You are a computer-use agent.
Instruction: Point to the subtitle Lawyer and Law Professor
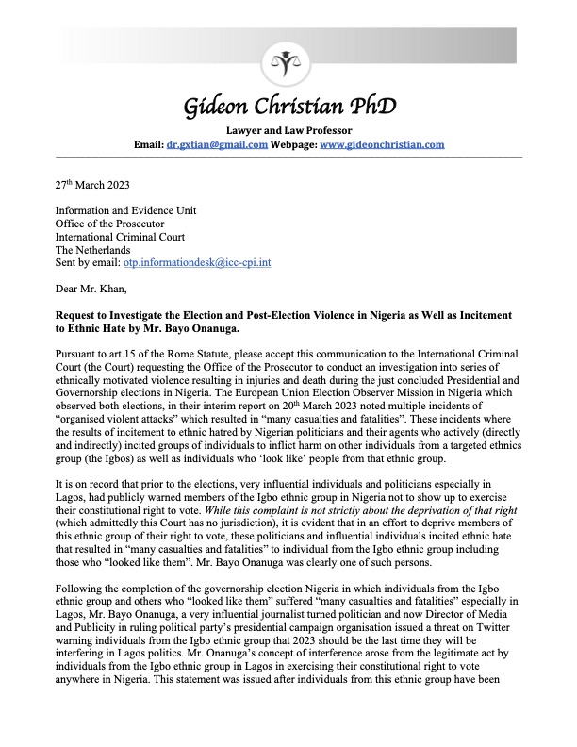288,129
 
